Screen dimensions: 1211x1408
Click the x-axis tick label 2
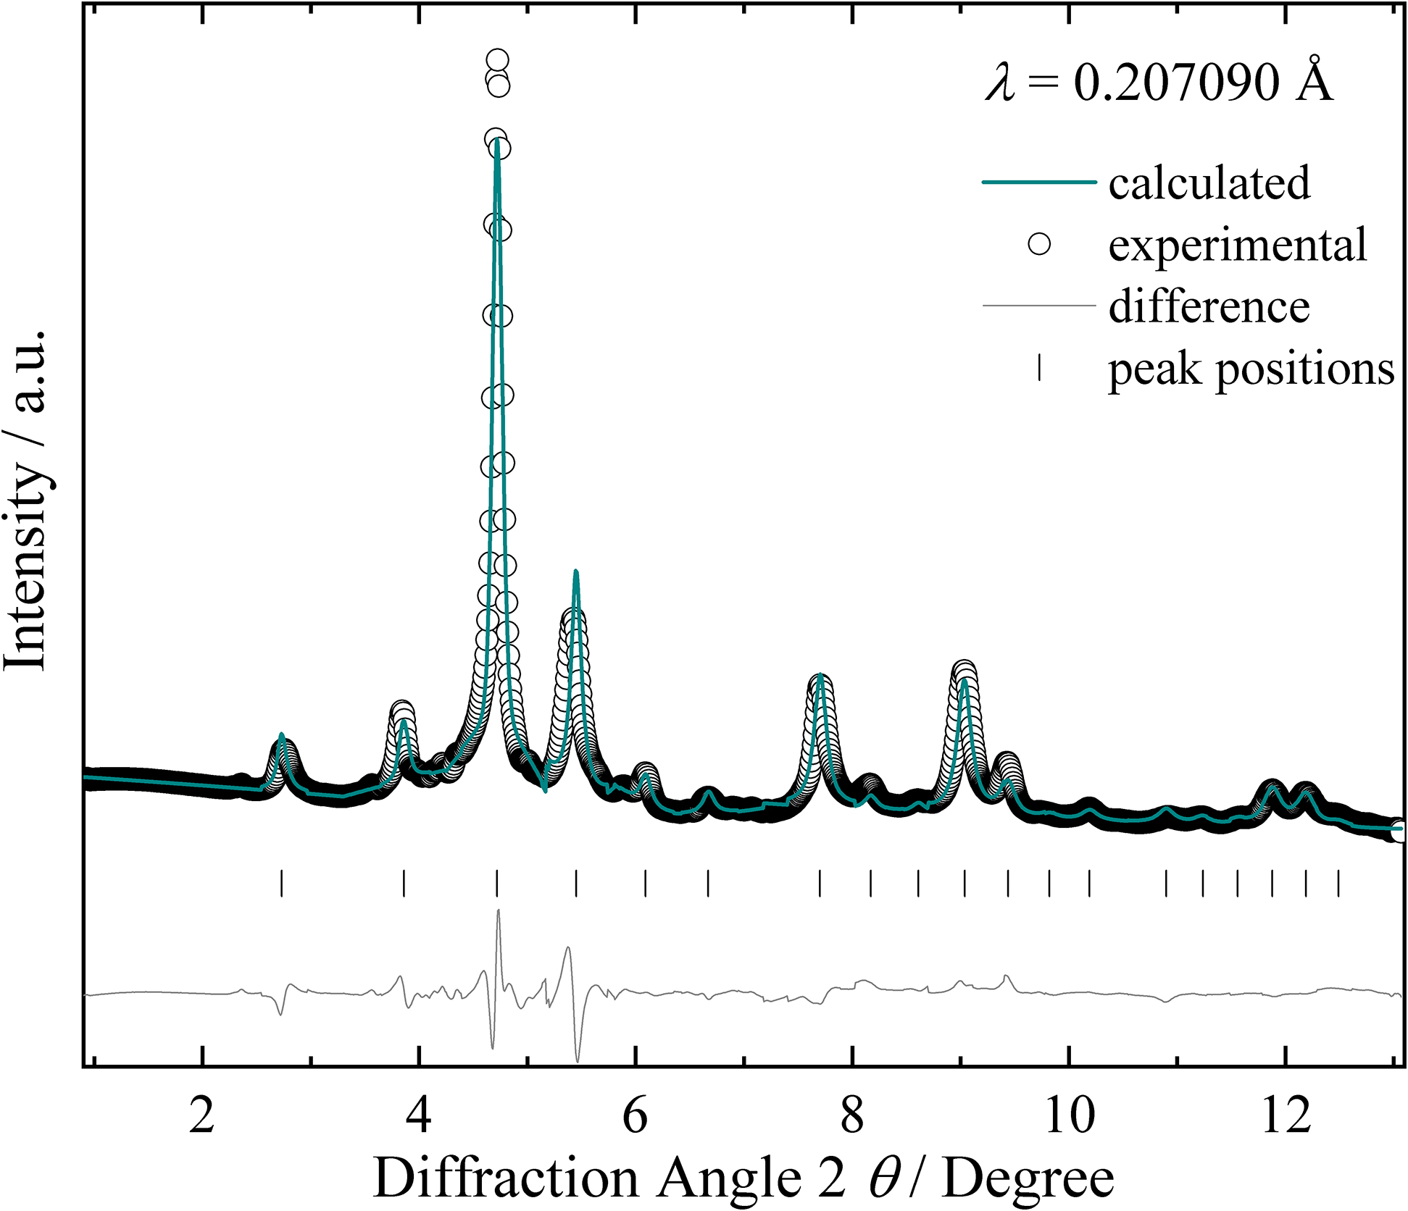[202, 1116]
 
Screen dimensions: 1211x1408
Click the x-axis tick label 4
[419, 1116]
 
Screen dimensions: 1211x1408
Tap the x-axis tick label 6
[636, 1116]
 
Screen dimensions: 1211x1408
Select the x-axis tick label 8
[852, 1116]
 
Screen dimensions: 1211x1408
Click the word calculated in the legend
[1209, 183]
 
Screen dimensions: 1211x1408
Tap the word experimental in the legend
[1237, 245]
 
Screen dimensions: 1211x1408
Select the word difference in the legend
[1209, 306]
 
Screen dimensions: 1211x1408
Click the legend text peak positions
[1251, 369]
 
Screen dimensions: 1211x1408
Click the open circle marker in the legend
[1039, 244]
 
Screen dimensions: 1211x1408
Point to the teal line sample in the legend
[1038, 182]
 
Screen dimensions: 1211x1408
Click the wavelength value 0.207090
[1177, 82]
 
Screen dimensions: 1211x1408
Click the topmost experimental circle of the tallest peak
[497, 61]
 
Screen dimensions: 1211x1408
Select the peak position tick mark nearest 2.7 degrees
[281, 884]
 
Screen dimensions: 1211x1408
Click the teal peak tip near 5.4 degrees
[576, 572]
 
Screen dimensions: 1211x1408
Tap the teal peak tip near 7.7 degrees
[820, 676]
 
